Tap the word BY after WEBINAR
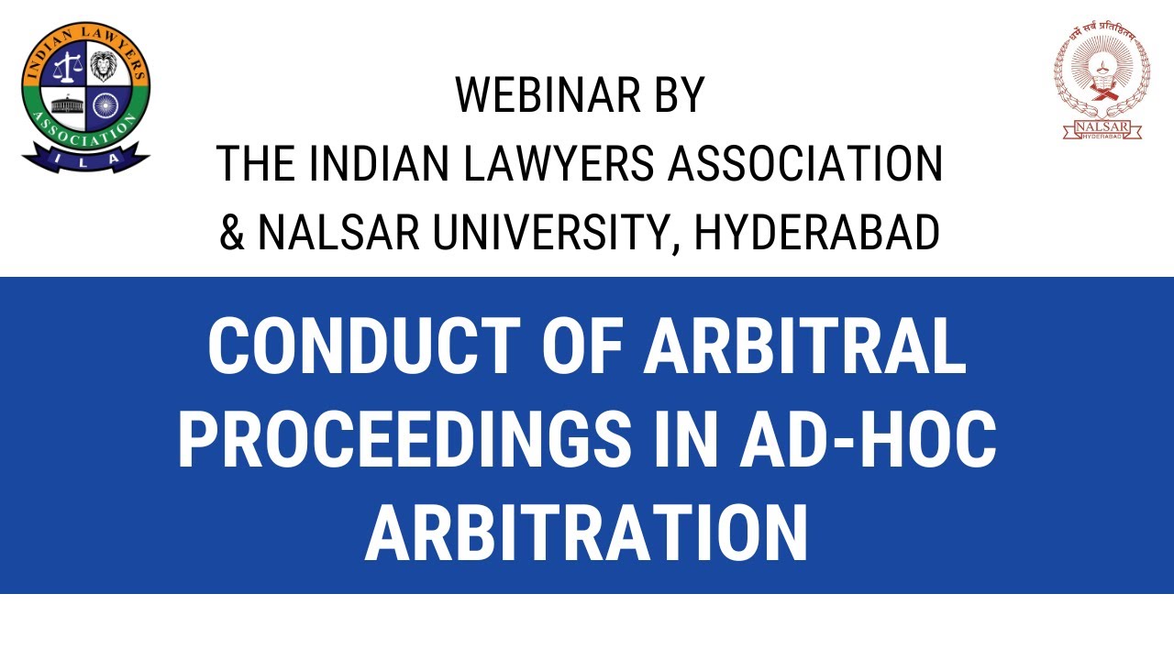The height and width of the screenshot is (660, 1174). click(x=675, y=95)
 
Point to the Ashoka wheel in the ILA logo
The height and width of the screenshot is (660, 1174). click(x=105, y=104)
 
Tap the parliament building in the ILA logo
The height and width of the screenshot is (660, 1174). click(x=66, y=104)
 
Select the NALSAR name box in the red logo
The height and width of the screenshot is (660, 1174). click(x=1102, y=129)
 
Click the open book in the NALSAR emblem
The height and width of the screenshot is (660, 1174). click(x=1102, y=90)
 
